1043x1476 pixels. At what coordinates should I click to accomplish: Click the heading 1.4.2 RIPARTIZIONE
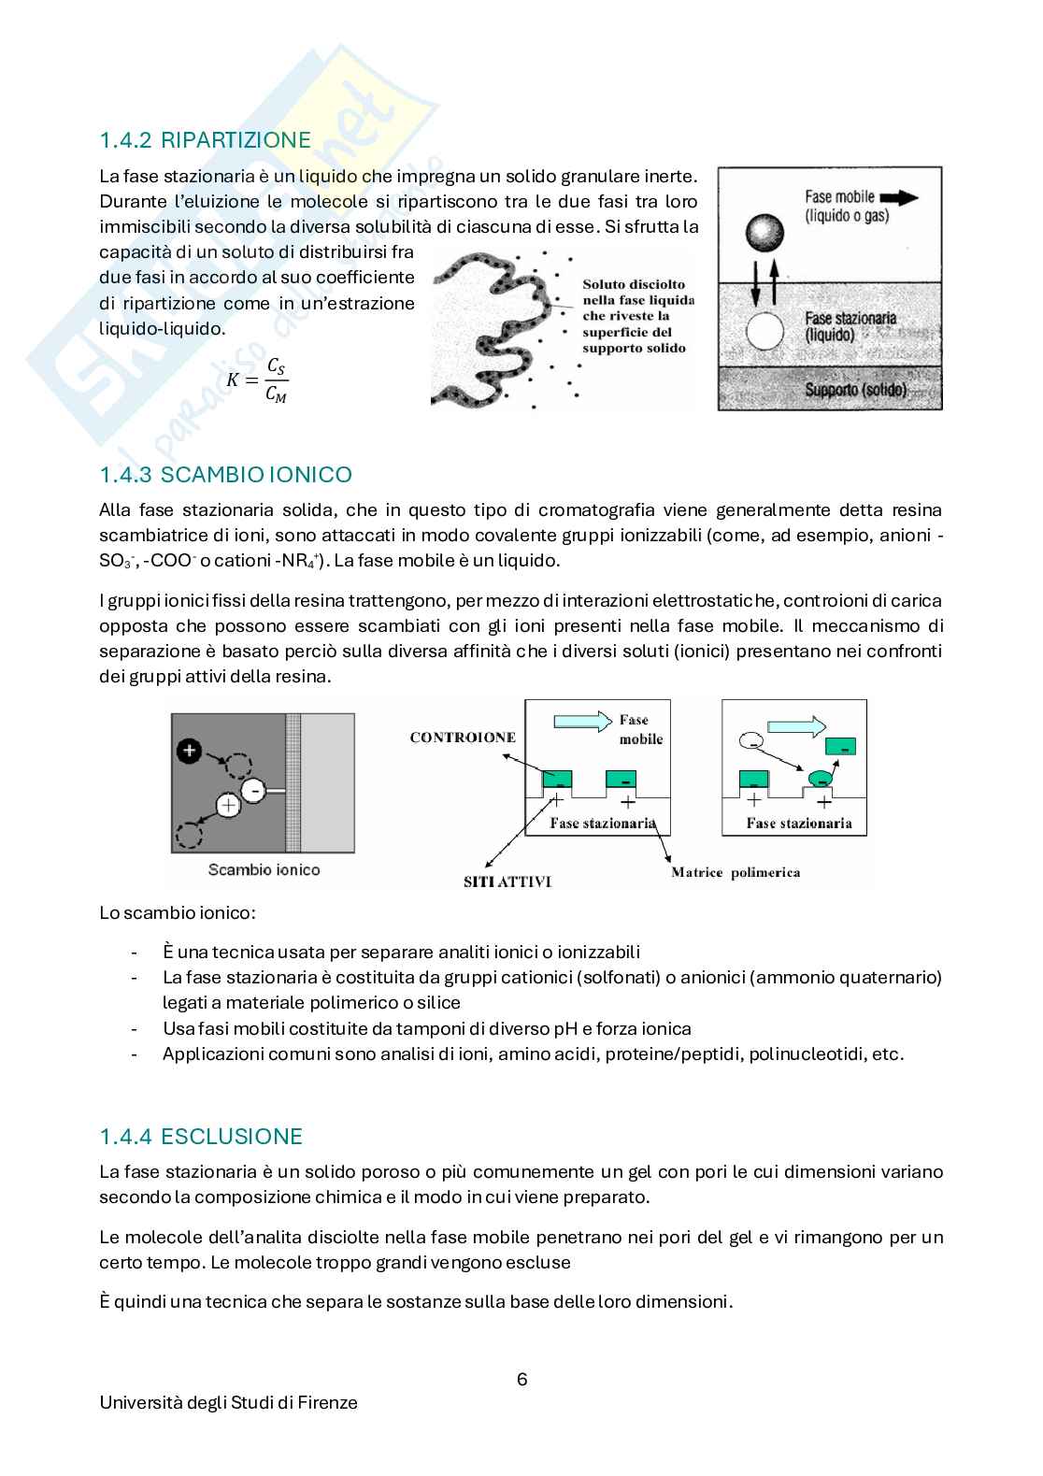(205, 140)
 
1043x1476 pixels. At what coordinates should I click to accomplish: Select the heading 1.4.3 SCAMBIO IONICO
(225, 475)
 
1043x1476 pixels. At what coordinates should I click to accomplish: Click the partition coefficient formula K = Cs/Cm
(257, 380)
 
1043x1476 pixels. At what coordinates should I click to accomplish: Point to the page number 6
(521, 1379)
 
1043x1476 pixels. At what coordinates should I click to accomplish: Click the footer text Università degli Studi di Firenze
(229, 1402)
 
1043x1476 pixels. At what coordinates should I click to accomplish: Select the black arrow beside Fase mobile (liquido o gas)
(899, 197)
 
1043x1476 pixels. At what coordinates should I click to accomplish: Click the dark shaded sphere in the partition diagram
(764, 233)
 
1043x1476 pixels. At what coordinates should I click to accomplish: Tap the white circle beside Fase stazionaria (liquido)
(764, 330)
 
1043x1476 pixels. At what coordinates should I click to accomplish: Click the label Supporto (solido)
(855, 390)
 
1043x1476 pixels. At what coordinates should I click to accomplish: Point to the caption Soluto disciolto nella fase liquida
(638, 292)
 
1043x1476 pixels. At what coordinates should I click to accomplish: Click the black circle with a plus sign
(189, 751)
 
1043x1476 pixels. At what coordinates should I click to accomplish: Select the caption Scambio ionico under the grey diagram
(264, 869)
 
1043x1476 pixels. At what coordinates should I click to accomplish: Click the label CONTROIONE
(463, 738)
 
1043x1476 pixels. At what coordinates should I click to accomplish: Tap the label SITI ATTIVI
(507, 881)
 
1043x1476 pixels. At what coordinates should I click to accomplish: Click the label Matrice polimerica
(736, 872)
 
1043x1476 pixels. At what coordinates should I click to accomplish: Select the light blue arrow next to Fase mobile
(583, 722)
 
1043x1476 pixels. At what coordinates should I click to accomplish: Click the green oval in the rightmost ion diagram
(821, 779)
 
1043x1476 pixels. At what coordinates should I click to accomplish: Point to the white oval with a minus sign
(751, 740)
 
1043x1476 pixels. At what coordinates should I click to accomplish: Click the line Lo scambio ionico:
(178, 912)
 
